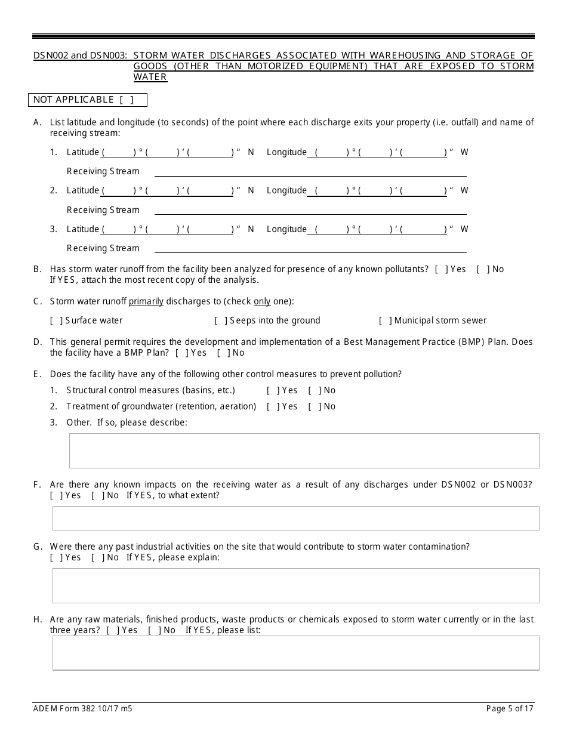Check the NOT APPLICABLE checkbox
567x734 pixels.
click(x=126, y=100)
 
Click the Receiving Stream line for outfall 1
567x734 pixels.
click(x=310, y=172)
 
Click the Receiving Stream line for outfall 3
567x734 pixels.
click(x=310, y=249)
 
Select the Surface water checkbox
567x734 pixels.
click(x=57, y=320)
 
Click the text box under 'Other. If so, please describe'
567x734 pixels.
click(x=304, y=451)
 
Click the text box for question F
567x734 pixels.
click(x=295, y=518)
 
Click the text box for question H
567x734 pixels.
click(x=295, y=653)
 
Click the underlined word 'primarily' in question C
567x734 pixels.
click(x=146, y=301)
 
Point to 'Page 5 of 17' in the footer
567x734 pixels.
click(x=510, y=709)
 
